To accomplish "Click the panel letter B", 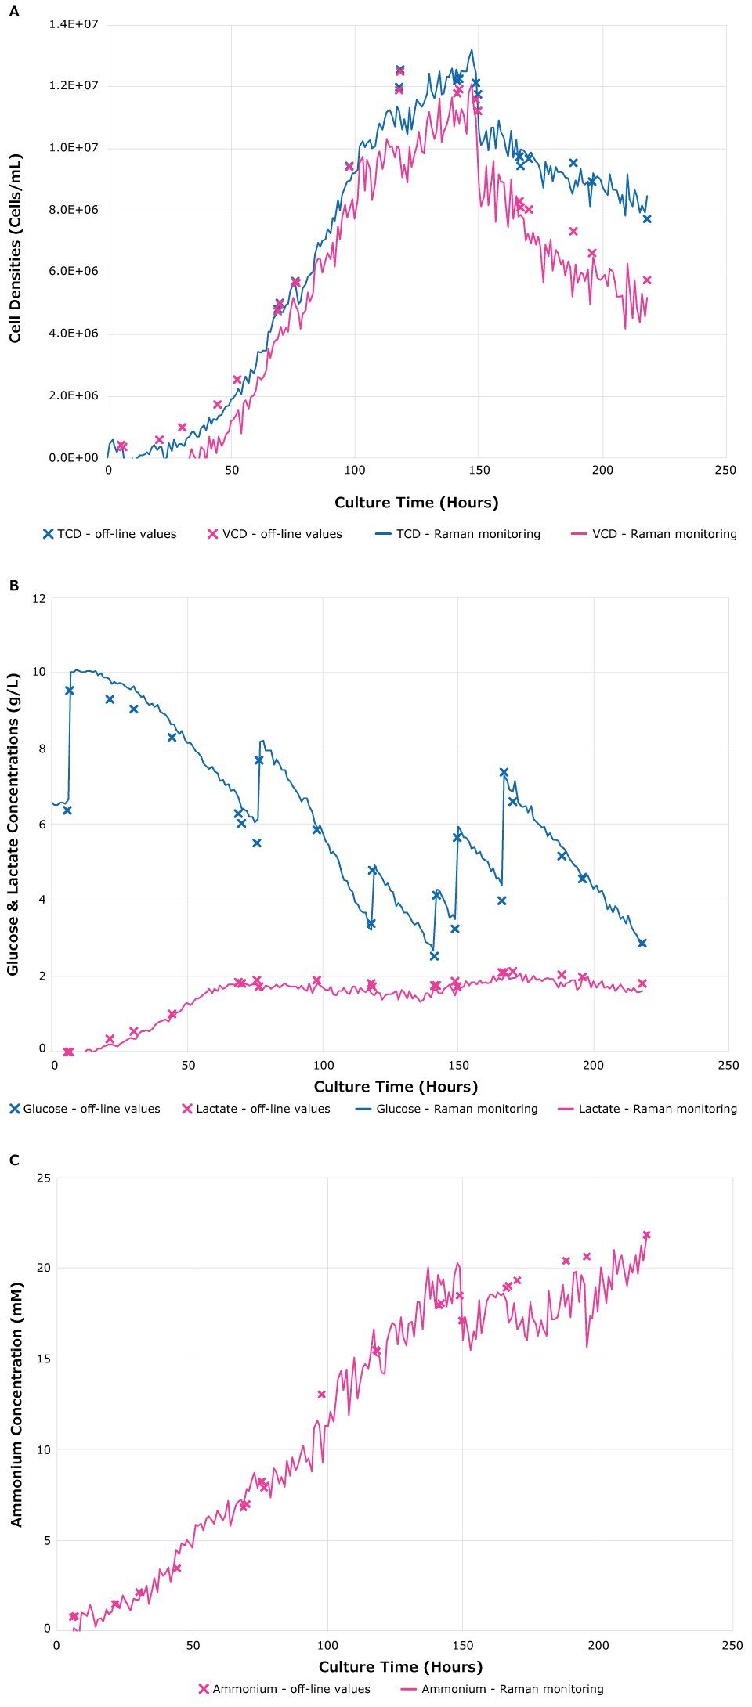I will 13,585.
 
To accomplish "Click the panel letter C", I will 14,1160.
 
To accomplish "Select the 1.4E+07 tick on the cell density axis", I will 74,24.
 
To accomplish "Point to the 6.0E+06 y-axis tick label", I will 74,272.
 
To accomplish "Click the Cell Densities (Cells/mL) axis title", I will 16,247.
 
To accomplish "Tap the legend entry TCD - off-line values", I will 110,534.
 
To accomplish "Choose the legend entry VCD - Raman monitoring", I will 654,534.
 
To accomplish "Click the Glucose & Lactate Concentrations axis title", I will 13,824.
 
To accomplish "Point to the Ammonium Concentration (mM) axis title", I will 16,1404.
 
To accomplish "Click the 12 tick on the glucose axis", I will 38,599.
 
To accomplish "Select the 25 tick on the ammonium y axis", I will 43,1178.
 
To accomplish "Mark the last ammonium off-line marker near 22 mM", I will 646,1235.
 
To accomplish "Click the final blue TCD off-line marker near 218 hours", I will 647,218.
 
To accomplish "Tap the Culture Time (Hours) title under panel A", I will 416,503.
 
